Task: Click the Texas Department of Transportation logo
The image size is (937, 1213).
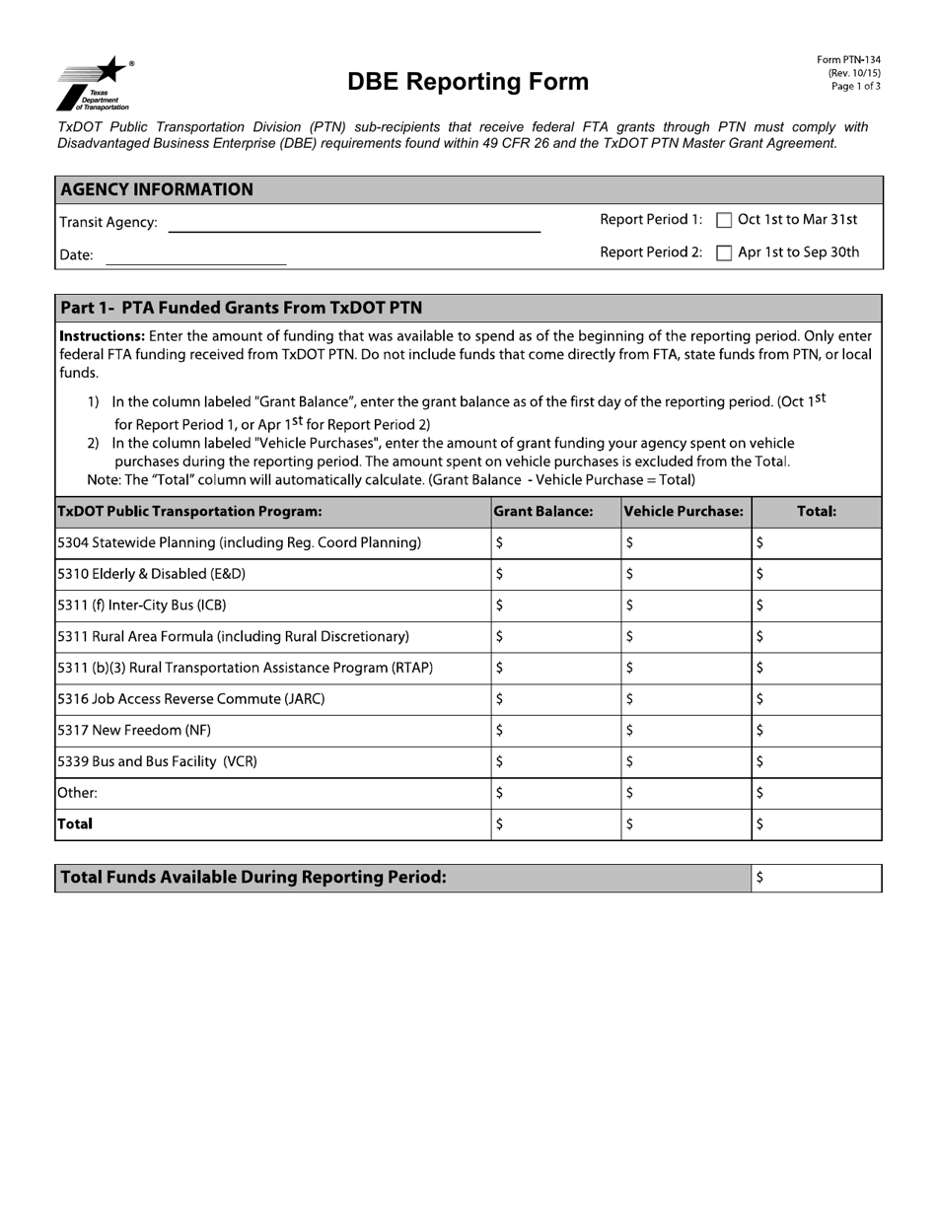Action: click(94, 84)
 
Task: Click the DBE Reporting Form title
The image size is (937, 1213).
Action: click(468, 82)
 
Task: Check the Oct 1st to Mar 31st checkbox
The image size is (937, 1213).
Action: click(724, 221)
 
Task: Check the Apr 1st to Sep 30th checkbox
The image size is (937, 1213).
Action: click(724, 253)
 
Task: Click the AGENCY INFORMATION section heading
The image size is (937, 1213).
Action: click(157, 189)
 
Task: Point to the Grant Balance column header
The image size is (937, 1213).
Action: click(543, 512)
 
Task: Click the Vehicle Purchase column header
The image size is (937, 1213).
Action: click(684, 512)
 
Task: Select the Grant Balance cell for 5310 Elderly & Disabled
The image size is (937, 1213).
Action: click(556, 574)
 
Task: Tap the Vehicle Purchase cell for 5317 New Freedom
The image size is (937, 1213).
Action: click(686, 731)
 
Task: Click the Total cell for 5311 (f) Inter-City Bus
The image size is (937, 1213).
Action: click(817, 606)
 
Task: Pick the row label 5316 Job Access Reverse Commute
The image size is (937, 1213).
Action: click(191, 699)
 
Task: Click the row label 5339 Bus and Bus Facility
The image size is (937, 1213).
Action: click(158, 762)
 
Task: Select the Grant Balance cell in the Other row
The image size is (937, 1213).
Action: click(556, 794)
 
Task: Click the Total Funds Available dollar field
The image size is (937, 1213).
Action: click(817, 879)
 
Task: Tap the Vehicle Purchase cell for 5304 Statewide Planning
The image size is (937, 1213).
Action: click(686, 543)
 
